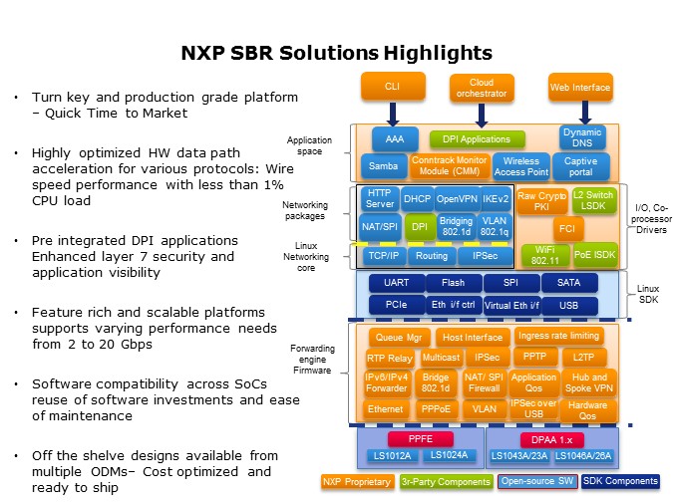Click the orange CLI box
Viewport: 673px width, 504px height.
point(392,88)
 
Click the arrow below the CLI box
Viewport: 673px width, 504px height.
point(392,113)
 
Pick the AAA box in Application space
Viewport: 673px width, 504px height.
point(394,139)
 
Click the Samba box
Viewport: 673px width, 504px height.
point(383,165)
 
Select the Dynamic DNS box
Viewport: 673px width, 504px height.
point(581,138)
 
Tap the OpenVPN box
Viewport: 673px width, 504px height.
point(456,199)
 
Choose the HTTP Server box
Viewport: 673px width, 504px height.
point(379,199)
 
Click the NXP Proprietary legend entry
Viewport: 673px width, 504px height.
point(357,481)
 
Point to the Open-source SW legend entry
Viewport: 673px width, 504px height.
point(537,481)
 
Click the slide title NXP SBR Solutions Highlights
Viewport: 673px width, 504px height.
point(335,53)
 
